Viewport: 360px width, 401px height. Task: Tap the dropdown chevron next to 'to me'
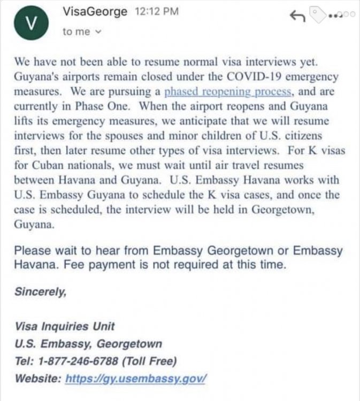click(x=98, y=32)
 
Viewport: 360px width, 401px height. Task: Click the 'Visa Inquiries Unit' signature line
click(x=64, y=326)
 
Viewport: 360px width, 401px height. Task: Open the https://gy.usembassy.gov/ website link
click(x=136, y=379)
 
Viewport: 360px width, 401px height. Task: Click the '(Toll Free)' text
click(x=149, y=361)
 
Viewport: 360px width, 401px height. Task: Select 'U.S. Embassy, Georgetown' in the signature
click(x=88, y=344)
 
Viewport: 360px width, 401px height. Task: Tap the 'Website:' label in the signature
click(x=37, y=379)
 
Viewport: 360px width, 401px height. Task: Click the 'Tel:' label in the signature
click(x=24, y=361)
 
